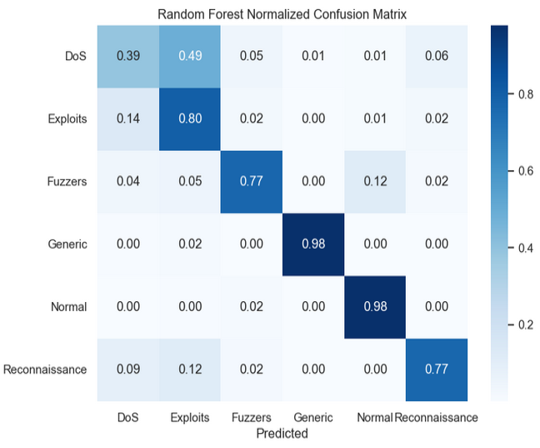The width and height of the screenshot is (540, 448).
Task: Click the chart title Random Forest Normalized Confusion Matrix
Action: [282, 14]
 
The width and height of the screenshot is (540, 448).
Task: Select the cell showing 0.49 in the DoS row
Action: [190, 57]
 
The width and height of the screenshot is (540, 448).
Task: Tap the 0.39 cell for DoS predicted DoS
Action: [128, 57]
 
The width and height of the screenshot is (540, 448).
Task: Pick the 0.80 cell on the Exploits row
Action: [190, 119]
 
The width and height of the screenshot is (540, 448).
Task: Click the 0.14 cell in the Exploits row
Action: [128, 119]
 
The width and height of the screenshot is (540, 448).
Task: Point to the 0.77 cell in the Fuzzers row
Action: [252, 182]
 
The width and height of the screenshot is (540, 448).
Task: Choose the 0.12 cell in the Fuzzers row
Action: [375, 182]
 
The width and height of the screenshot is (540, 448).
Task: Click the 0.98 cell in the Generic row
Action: [313, 244]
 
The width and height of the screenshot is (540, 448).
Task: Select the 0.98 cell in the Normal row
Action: [375, 307]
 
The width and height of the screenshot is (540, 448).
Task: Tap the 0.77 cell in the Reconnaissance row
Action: [437, 370]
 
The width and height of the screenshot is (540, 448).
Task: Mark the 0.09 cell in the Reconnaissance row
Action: [128, 370]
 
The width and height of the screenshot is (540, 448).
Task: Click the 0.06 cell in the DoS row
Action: [437, 57]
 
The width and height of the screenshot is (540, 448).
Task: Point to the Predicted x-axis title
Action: [282, 434]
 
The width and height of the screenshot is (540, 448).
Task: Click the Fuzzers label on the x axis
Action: [252, 418]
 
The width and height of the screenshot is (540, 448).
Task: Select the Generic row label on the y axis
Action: [67, 244]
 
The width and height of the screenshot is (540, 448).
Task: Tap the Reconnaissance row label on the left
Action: [45, 370]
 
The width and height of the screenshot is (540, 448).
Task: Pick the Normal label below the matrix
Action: [375, 418]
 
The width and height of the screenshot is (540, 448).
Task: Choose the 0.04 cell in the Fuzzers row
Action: [128, 182]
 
